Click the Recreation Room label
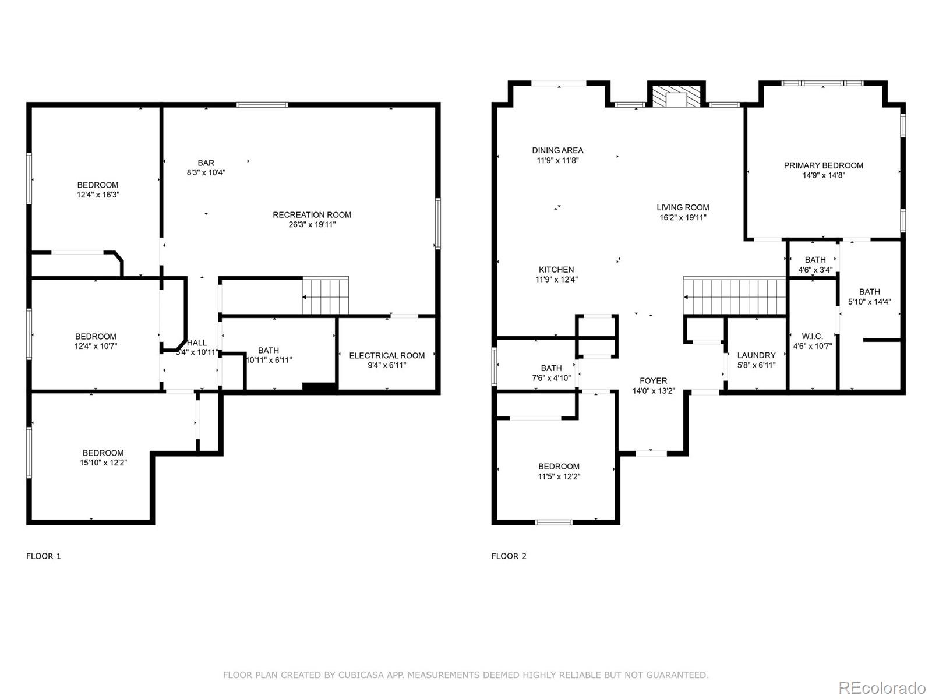coord(312,215)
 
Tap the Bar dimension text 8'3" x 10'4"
coord(206,172)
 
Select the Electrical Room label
coord(387,355)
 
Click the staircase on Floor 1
coord(325,296)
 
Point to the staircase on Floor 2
coord(735,297)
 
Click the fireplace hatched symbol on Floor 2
coord(676,98)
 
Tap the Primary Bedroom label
coord(823,165)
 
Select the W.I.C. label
coord(812,336)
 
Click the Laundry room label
coord(756,355)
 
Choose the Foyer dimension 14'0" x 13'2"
coord(654,391)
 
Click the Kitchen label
coord(556,270)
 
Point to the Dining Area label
coord(557,150)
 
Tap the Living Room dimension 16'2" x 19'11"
coord(683,217)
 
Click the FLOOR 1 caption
coord(44,556)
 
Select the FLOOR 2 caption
coord(509,556)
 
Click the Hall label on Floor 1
coord(197,343)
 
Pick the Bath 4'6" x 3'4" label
coord(815,260)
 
